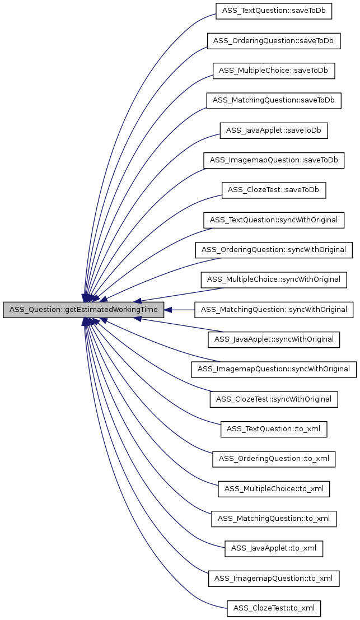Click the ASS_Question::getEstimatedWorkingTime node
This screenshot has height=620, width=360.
[x=84, y=310]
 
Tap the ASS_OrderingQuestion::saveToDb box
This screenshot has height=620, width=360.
[x=274, y=41]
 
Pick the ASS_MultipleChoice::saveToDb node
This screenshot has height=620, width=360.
[x=274, y=71]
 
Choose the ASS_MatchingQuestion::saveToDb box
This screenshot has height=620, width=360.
[x=273, y=100]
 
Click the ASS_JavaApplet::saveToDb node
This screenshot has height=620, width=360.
[x=274, y=130]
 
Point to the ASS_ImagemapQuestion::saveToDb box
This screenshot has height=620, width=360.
[x=274, y=160]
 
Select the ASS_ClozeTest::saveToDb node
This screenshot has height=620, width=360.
[x=274, y=190]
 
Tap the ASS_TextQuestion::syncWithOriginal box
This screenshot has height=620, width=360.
[x=274, y=220]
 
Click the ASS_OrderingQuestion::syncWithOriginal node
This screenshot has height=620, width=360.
[x=274, y=250]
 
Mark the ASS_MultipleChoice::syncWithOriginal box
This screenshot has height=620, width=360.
[x=274, y=279]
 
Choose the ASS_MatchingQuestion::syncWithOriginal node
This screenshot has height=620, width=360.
[x=274, y=309]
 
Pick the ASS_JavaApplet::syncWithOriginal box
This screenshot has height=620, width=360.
[x=274, y=339]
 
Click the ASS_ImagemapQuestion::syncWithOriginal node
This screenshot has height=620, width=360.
[x=274, y=369]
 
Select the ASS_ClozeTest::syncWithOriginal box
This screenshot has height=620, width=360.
[x=274, y=399]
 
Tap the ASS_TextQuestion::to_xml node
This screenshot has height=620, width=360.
[x=274, y=429]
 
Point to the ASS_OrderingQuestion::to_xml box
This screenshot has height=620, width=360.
[x=274, y=459]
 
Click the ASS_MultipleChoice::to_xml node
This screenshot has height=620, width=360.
[x=274, y=489]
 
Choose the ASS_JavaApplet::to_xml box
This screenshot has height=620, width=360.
[x=274, y=548]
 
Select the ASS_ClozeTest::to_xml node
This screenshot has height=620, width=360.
[x=274, y=608]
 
